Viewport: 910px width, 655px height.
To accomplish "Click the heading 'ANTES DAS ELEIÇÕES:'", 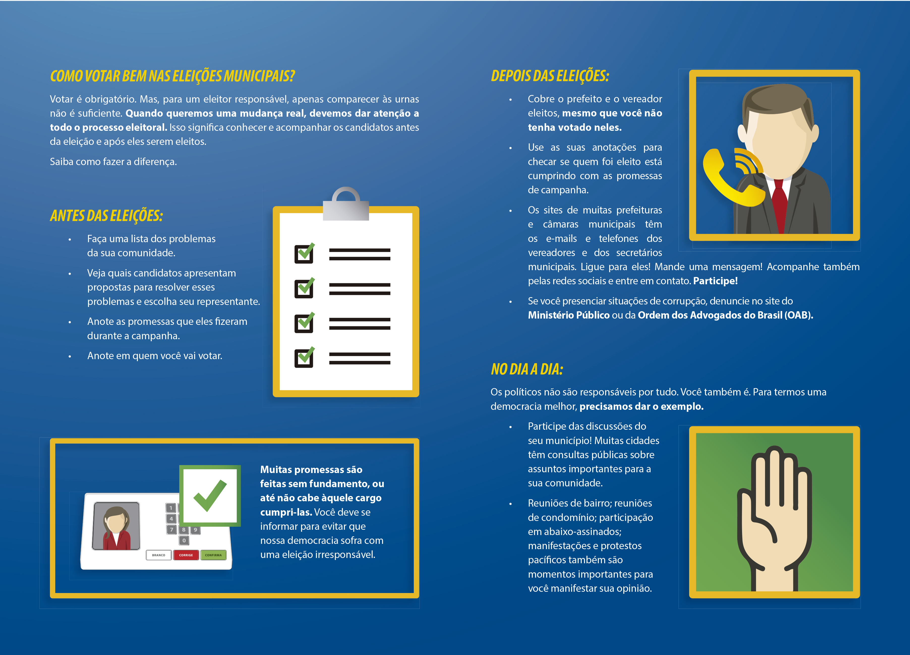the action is [106, 216].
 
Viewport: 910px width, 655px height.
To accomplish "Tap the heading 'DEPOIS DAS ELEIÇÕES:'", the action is [550, 76].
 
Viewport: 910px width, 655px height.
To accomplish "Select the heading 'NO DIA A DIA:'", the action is [527, 369].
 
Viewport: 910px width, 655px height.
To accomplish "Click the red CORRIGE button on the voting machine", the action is [186, 555].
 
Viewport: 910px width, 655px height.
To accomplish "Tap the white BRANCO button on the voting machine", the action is [159, 555].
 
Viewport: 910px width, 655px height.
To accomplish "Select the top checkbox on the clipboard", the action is [304, 253].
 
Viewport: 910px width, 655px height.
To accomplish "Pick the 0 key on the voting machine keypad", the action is [184, 541].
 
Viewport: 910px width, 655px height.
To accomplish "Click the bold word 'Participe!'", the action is [715, 281].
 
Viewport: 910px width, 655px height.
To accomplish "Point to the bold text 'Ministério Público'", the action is [569, 315].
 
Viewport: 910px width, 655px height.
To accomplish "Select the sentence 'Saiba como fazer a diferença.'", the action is [113, 162].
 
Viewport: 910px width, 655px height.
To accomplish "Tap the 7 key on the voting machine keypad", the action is [172, 530].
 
